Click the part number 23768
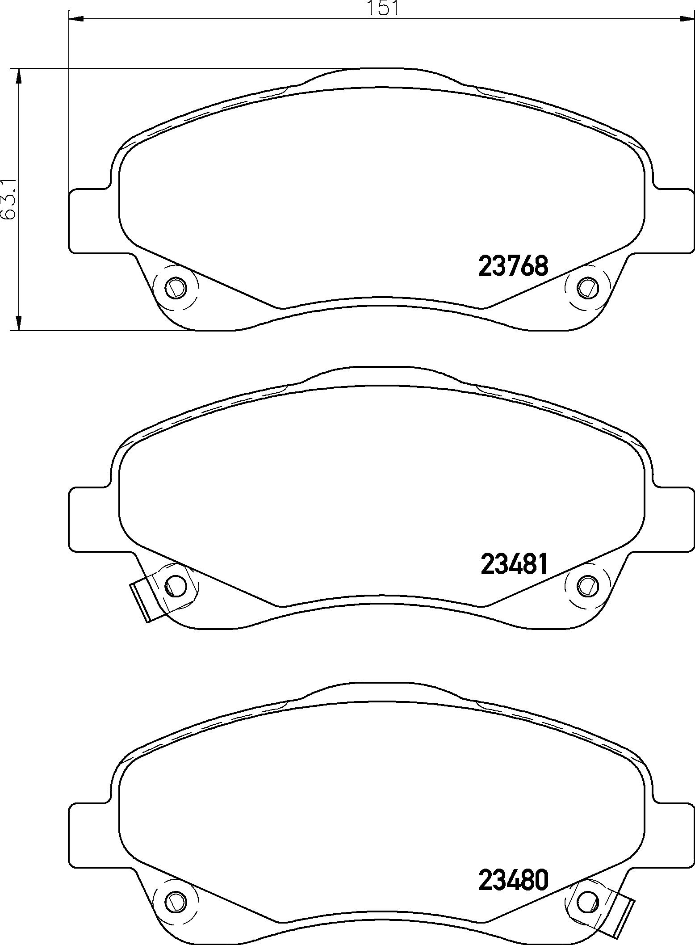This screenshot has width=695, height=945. click(x=513, y=266)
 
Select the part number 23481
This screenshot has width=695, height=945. click(x=514, y=564)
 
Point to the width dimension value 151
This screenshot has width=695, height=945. click(x=382, y=8)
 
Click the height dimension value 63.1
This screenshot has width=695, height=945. click(x=9, y=199)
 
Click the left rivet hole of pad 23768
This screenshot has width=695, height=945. click(x=175, y=287)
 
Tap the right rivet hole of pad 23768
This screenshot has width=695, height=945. click(x=587, y=287)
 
